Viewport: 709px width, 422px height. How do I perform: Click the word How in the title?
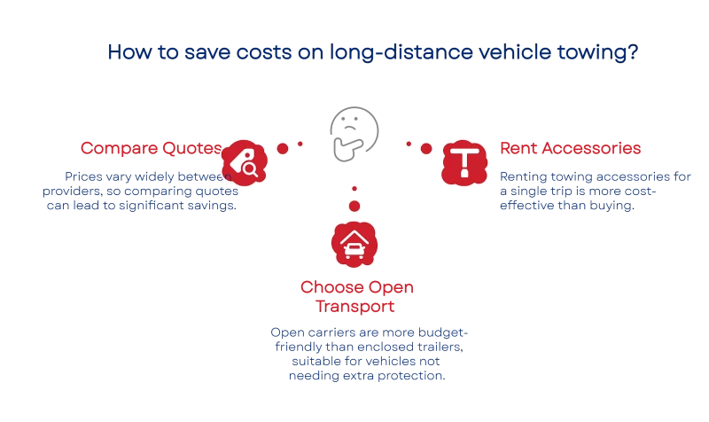(x=125, y=52)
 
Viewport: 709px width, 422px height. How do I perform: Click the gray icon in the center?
(x=354, y=134)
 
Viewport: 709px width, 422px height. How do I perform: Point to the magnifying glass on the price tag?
(x=250, y=168)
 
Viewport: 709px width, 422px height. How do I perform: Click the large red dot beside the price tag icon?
(x=283, y=148)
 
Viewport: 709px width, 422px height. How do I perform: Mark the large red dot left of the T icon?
(x=426, y=148)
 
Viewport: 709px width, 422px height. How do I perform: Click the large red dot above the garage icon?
(x=354, y=206)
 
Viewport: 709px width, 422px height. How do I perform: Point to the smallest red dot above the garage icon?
(x=354, y=188)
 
